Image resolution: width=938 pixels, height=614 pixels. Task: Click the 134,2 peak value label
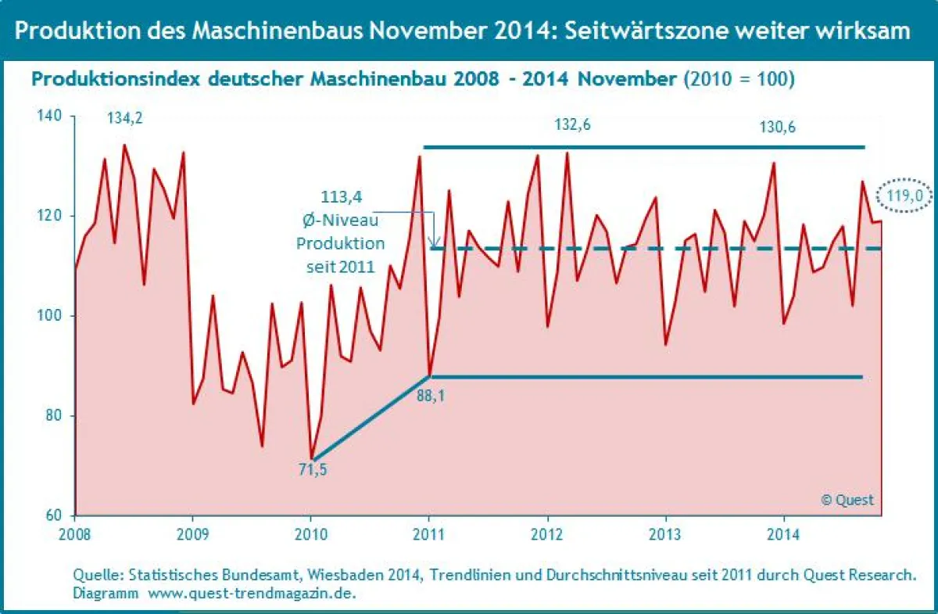pyautogui.click(x=127, y=119)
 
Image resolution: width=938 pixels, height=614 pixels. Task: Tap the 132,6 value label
pyautogui.click(x=573, y=125)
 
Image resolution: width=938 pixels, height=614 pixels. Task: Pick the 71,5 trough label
pyautogui.click(x=313, y=470)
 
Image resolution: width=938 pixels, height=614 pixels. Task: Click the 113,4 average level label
pyautogui.click(x=340, y=196)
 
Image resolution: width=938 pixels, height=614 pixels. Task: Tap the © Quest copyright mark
pyautogui.click(x=847, y=500)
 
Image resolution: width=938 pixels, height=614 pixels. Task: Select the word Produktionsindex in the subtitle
pyautogui.click(x=109, y=79)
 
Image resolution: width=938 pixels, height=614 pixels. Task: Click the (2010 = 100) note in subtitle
pyautogui.click(x=739, y=79)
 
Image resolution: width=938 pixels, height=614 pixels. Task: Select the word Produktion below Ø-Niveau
pyautogui.click(x=340, y=243)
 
